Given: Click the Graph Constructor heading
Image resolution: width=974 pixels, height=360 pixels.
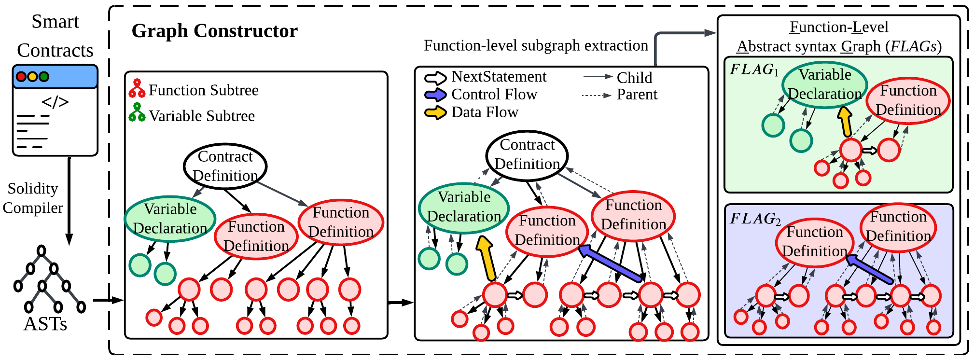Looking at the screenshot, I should point(214,31).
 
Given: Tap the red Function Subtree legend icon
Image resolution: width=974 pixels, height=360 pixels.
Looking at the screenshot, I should point(137,89).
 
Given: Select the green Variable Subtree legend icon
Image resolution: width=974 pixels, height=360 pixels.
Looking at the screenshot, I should point(137,113).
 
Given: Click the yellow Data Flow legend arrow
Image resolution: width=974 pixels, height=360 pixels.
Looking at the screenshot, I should point(435,112).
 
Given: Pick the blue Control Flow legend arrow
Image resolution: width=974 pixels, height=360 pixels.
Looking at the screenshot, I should point(435,95).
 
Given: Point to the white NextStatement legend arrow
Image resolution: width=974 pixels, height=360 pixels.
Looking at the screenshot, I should point(435,77).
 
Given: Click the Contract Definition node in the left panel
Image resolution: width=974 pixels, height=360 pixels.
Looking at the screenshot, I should point(225,166).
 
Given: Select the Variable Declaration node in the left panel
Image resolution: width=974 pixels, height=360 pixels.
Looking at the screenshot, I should point(170,219).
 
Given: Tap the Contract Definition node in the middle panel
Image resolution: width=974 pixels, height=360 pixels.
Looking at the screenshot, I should point(527,155).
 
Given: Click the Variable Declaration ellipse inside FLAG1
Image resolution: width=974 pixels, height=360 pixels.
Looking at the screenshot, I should point(824,84).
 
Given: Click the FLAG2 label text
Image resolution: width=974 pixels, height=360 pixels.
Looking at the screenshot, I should point(754,219).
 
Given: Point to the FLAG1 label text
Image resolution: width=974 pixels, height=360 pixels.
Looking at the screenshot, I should point(753,69).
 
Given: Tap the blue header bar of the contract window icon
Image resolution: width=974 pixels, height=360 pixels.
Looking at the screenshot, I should point(55,76).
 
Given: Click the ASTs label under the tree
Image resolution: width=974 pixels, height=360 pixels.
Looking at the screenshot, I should point(45,324).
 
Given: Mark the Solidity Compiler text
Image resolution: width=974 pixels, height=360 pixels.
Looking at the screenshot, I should point(32,198).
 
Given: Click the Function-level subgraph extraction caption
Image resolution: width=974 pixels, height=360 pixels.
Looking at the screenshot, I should point(536,46).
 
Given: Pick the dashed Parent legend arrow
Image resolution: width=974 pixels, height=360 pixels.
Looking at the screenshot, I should point(597,96).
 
